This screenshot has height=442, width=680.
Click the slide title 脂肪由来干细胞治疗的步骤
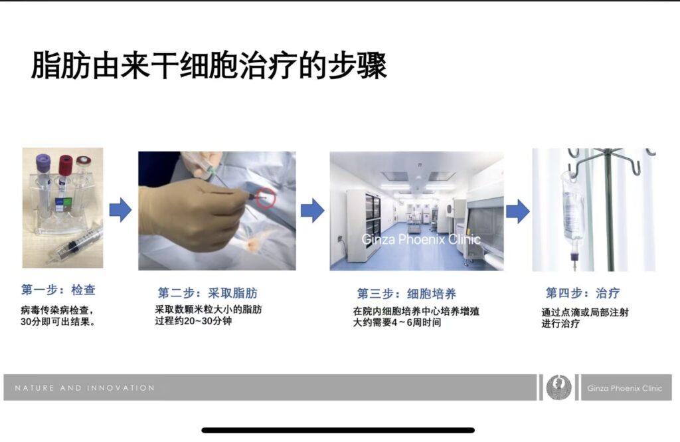point(209,66)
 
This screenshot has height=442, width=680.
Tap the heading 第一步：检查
point(58,290)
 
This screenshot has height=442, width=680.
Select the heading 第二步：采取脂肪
point(207,293)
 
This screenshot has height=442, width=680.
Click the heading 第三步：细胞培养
point(406,294)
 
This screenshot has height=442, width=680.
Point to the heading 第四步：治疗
point(582,293)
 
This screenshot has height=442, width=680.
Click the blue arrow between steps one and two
point(120,210)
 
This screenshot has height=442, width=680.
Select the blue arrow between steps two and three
point(312,211)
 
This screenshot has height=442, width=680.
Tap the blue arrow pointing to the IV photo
point(518,211)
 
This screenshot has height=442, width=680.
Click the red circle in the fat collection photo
point(265,199)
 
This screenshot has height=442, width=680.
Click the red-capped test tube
point(66,182)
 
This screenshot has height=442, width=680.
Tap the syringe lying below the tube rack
point(74,246)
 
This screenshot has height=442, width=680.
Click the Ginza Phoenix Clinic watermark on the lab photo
point(421,239)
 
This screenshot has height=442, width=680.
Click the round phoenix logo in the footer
point(558,387)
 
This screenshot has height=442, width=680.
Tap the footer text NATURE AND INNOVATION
point(84,387)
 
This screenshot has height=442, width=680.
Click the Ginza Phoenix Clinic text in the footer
point(624,388)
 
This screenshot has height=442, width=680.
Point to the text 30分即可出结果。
point(58,322)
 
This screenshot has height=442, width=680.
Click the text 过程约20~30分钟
point(193,321)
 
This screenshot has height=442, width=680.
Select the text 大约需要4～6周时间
point(397,322)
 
